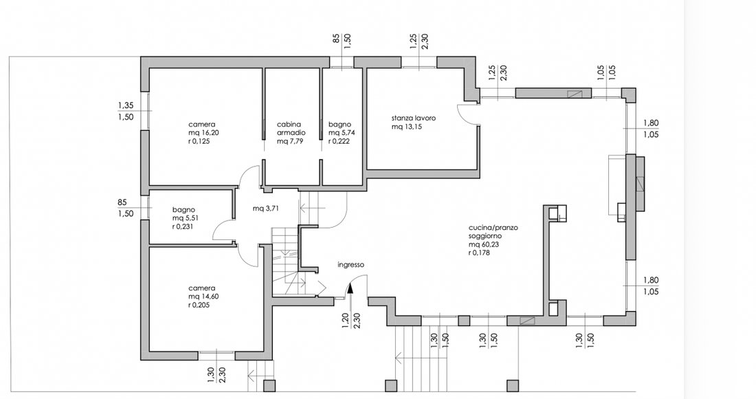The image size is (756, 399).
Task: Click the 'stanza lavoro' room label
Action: (x=414, y=118)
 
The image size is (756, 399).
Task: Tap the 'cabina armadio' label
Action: (x=291, y=129)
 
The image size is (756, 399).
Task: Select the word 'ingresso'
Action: (x=351, y=265)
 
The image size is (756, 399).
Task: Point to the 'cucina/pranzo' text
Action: (x=493, y=228)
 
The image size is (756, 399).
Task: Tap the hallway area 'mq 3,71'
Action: (x=266, y=208)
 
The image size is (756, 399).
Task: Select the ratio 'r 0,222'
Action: (x=339, y=141)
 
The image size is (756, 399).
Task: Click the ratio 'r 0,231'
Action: (x=183, y=226)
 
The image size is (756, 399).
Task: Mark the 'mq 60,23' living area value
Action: (x=482, y=245)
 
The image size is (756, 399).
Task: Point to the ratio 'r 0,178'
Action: (x=479, y=252)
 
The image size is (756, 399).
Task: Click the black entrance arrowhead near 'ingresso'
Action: (x=350, y=288)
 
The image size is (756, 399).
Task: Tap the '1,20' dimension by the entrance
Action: (x=345, y=321)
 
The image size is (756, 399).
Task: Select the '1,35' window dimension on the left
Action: (x=126, y=105)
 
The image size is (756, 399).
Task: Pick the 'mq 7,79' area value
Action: (x=290, y=141)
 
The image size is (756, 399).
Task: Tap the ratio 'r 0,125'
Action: (x=199, y=141)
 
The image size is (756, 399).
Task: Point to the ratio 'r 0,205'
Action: (x=199, y=305)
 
